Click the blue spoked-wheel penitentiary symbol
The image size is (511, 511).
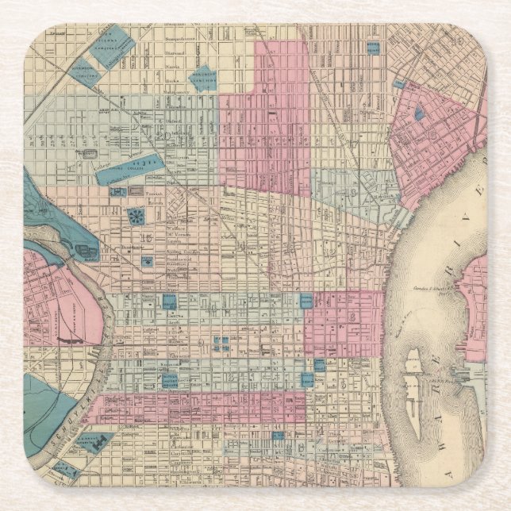136,216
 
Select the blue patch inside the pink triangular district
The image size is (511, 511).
419,114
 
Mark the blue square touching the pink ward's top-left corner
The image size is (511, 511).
305,300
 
